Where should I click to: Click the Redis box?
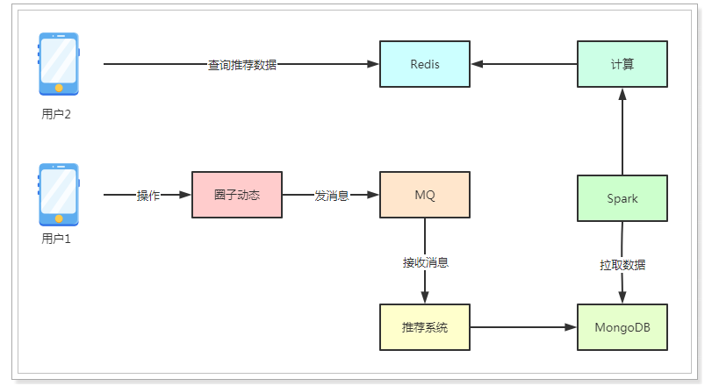pyautogui.click(x=425, y=64)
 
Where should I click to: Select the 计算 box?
pyautogui.click(x=622, y=64)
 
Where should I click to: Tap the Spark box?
pyautogui.click(x=622, y=198)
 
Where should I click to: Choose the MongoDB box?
pyautogui.click(x=622, y=327)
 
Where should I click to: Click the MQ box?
pyautogui.click(x=425, y=195)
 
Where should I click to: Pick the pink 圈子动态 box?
pyautogui.click(x=237, y=195)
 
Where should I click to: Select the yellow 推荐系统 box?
pyautogui.click(x=425, y=327)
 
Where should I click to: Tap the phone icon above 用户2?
pyautogui.click(x=59, y=64)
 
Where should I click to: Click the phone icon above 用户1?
pyautogui.click(x=59, y=195)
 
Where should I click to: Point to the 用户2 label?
pyautogui.click(x=56, y=114)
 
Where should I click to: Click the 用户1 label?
pyautogui.click(x=56, y=239)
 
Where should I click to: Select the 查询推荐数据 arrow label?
pyautogui.click(x=242, y=65)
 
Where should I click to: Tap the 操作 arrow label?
pyautogui.click(x=148, y=196)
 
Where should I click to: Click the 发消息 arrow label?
pyautogui.click(x=332, y=196)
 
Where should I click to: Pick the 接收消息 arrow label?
pyautogui.click(x=426, y=262)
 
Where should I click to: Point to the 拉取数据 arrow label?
pyautogui.click(x=622, y=265)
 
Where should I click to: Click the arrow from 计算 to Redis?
pyautogui.click(x=524, y=64)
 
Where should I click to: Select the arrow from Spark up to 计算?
pyautogui.click(x=622, y=132)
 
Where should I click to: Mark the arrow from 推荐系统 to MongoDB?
pyautogui.click(x=523, y=327)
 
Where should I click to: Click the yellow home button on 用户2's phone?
pyautogui.click(x=59, y=88)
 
